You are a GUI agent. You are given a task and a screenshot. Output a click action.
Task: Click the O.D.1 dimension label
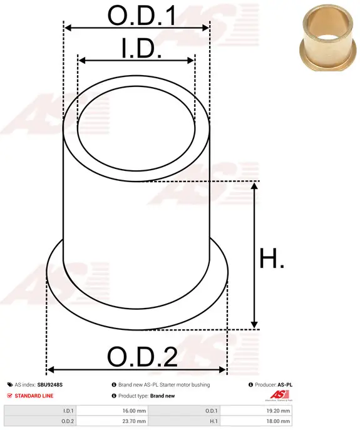pyautogui.click(x=141, y=16)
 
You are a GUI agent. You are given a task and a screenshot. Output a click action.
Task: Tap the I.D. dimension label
pyautogui.click(x=141, y=48)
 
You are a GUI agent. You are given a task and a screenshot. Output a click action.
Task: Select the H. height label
pyautogui.click(x=272, y=258)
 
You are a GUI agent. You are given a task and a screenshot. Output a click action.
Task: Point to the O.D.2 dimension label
pyautogui.click(x=142, y=357)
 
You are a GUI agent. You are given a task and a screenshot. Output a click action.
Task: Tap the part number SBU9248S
pyautogui.click(x=50, y=385)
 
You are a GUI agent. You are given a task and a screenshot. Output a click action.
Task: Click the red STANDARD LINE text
pyautogui.click(x=34, y=396)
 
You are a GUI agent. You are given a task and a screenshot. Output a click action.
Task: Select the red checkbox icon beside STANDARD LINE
pyautogui.click(x=10, y=396)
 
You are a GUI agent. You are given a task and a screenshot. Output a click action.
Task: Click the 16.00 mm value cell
pyautogui.click(x=113, y=411)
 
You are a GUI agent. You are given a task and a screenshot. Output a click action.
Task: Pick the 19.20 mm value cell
pyautogui.click(x=256, y=411)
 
